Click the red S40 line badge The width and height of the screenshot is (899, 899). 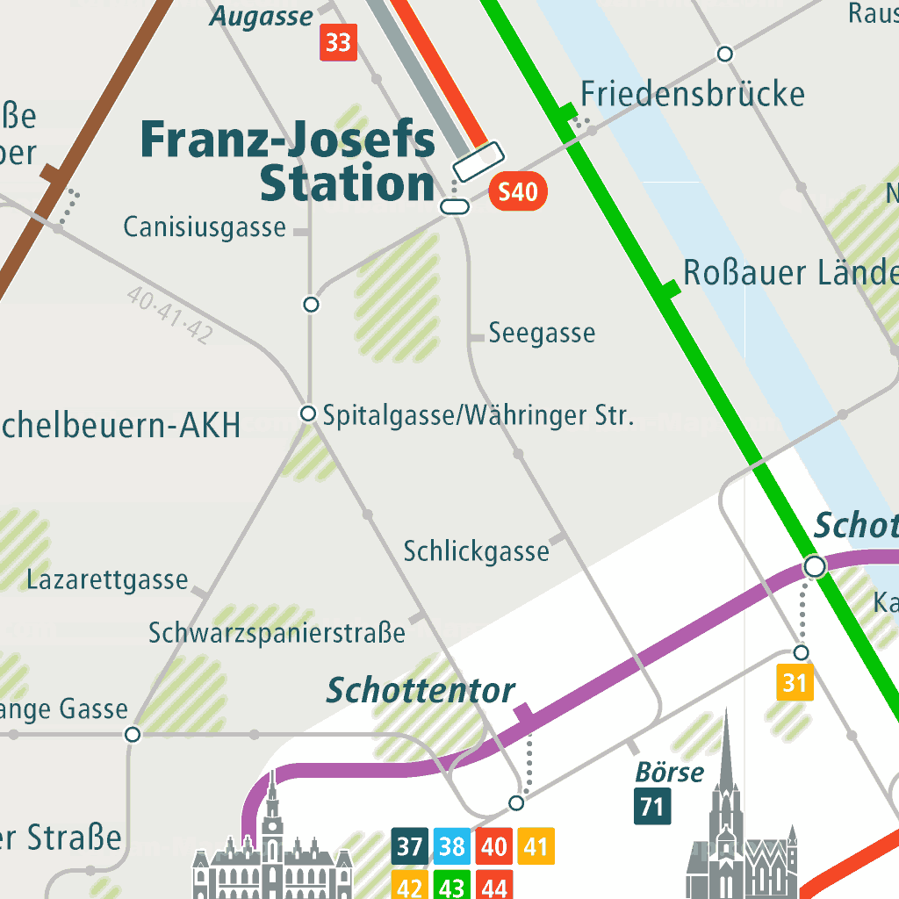(518, 192)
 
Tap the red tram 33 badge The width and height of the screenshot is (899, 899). (338, 43)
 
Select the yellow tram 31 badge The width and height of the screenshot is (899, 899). (795, 683)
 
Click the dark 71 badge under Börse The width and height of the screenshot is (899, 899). (652, 806)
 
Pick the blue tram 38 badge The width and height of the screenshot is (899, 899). (451, 847)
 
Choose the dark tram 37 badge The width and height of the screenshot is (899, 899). (409, 847)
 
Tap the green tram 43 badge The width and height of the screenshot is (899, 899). (451, 885)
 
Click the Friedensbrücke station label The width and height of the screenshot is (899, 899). (693, 94)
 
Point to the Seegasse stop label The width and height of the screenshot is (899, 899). (542, 334)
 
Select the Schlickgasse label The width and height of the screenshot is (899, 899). (476, 551)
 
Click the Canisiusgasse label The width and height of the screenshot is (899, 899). (205, 228)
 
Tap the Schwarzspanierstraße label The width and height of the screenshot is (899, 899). (277, 632)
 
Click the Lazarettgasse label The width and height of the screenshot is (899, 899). (107, 580)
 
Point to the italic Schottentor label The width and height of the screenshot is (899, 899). (421, 691)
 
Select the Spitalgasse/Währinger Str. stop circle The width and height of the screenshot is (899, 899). (308, 414)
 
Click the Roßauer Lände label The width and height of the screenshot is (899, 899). (790, 273)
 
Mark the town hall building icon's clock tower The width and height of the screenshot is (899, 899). (273, 821)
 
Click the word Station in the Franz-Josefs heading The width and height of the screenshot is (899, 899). (348, 184)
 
